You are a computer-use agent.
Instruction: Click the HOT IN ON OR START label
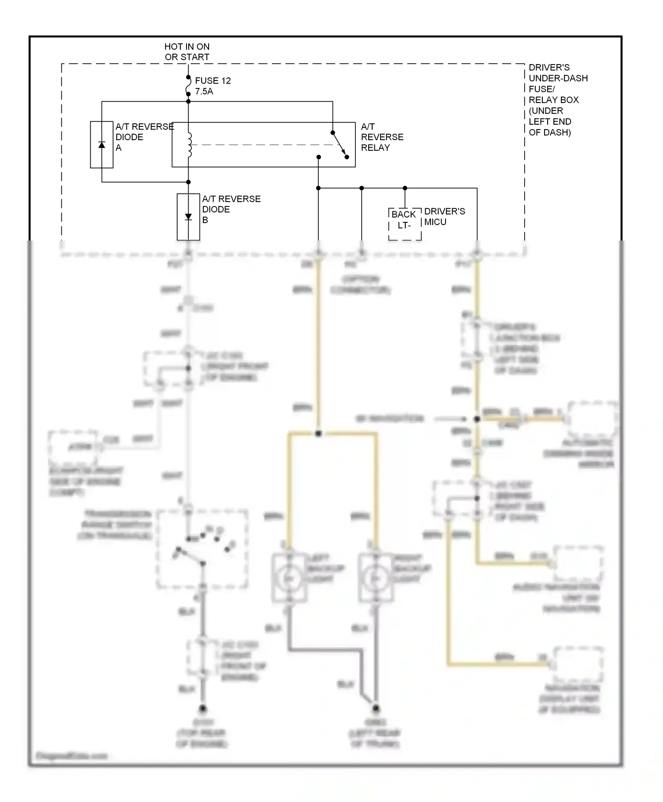coord(187,52)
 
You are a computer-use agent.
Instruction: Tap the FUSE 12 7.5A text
coord(213,86)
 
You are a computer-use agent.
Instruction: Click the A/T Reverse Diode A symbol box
coord(102,145)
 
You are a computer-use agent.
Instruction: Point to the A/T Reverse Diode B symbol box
coord(188,217)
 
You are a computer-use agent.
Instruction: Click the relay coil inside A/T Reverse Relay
coord(189,145)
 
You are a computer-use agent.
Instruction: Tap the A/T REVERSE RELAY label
coord(382,137)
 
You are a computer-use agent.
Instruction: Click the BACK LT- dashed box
coord(404,224)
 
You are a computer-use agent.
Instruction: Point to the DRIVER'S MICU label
coord(444,217)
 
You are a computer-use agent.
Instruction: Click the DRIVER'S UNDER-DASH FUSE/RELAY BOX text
coord(558,100)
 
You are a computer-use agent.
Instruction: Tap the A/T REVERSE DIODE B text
coord(231,209)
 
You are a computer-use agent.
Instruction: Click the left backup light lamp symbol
coord(289,578)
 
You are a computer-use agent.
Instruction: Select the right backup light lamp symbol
coord(376,578)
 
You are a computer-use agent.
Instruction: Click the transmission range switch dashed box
coord(202,549)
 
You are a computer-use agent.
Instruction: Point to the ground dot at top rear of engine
coord(202,708)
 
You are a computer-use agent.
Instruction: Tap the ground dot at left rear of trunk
coord(375,708)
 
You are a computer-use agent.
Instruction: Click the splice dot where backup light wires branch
coord(318,434)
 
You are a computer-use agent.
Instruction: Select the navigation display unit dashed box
coord(578,664)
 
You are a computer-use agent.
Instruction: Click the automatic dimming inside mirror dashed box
coord(592,420)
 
